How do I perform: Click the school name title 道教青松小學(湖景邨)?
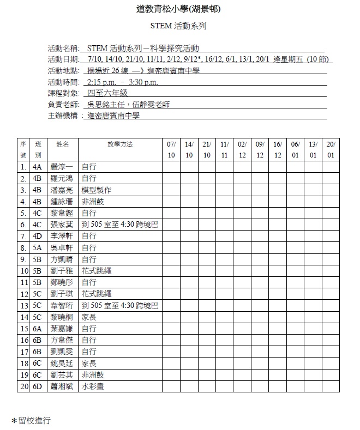(x=179, y=9)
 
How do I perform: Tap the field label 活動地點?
(x=63, y=71)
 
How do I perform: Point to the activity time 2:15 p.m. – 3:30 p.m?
(x=123, y=82)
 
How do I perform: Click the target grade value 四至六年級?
(x=107, y=93)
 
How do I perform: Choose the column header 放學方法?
(x=120, y=144)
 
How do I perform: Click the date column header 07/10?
(x=171, y=150)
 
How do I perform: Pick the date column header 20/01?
(x=331, y=150)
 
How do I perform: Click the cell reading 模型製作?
(x=96, y=190)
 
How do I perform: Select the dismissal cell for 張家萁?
(x=119, y=225)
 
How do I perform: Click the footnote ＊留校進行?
(x=31, y=421)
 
